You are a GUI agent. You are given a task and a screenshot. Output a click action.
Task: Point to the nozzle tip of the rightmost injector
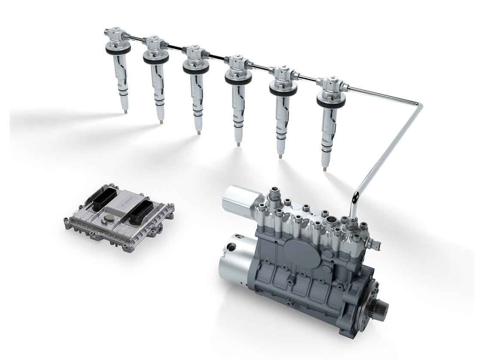click(x=325, y=166)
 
